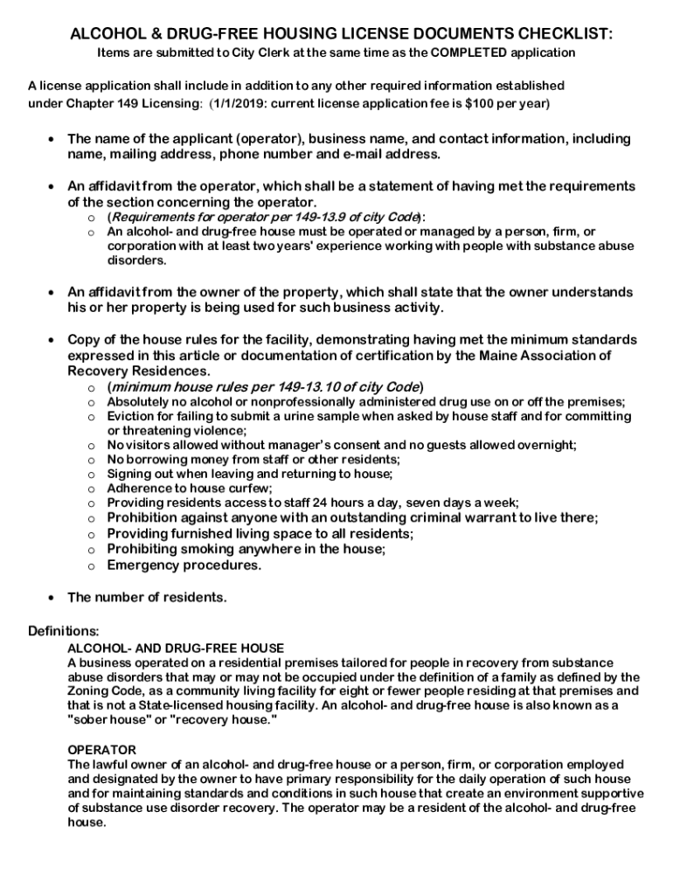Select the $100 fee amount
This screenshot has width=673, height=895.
tap(482, 102)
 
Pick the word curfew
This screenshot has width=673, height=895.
tap(252, 488)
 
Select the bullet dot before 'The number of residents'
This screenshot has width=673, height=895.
tap(52, 599)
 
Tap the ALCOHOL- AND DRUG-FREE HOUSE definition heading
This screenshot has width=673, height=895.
tap(176, 648)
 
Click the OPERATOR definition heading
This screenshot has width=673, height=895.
tap(101, 750)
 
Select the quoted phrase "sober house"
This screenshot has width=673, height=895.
tap(108, 718)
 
